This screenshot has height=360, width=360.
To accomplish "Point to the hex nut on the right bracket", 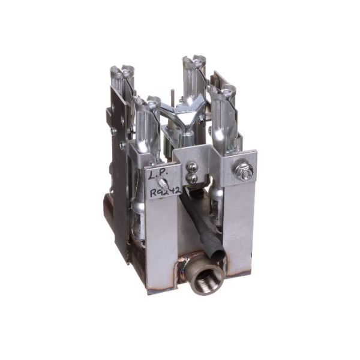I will pos(244,170).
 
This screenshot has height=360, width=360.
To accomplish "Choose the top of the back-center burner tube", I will pos(194,62).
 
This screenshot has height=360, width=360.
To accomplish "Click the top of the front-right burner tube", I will pos(221,92).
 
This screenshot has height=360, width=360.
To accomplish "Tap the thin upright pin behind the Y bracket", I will pos(173,95).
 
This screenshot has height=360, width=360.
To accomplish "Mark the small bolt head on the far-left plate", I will pos(113,130).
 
